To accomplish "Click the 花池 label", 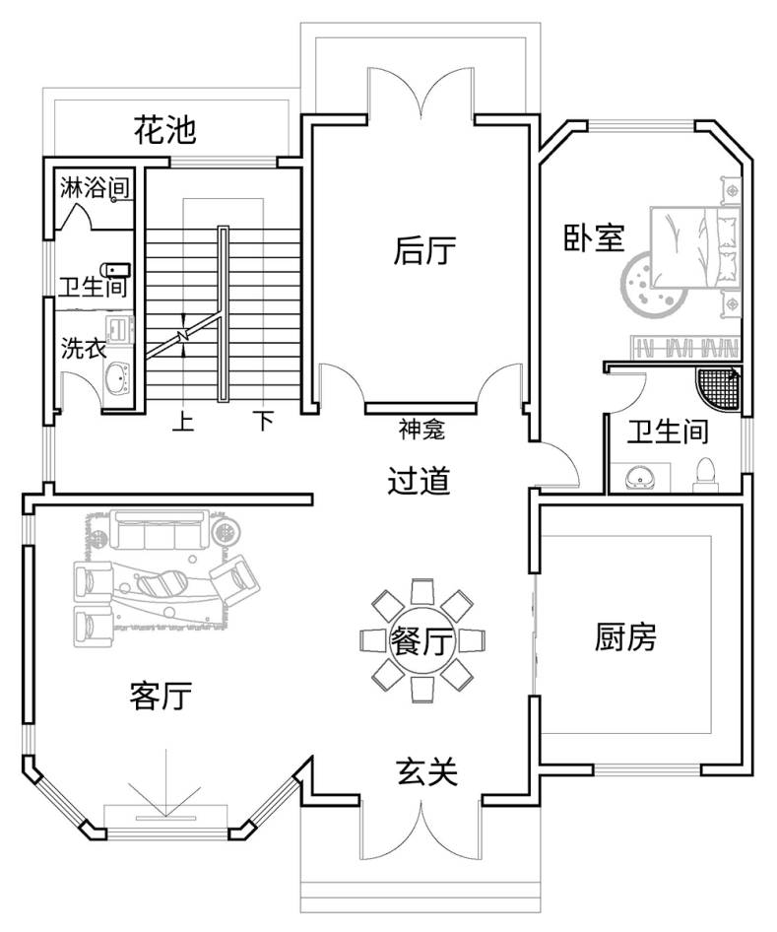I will (165, 129).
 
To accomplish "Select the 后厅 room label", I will (424, 251).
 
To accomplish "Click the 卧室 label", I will (594, 238).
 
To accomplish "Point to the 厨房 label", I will (624, 638).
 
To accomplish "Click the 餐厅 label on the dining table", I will (421, 642).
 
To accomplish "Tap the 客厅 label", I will (161, 697).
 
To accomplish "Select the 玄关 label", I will (427, 771).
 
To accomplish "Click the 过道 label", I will (420, 482).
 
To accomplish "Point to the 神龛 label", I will (421, 430).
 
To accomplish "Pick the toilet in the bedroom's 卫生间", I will (704, 472).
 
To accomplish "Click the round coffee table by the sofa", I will (227, 533).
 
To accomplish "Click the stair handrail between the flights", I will (224, 315).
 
